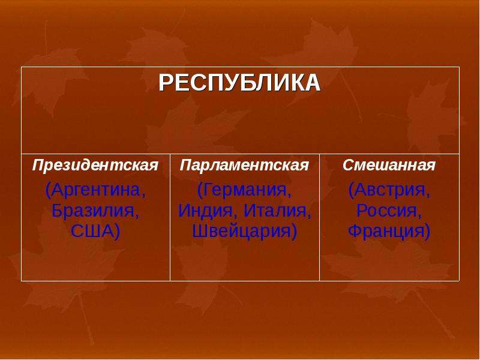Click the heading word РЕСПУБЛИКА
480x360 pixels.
239,83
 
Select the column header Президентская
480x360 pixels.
95,166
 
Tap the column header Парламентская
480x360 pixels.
244,166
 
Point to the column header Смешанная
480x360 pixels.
389,165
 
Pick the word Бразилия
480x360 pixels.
93,211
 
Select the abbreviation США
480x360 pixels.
91,231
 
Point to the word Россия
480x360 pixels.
387,211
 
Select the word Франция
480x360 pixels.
386,231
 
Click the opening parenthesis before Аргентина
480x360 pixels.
48,190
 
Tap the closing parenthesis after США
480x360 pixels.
116,232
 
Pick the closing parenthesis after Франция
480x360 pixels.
427,232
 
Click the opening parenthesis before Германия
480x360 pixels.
200,190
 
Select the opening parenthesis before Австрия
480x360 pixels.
351,190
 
